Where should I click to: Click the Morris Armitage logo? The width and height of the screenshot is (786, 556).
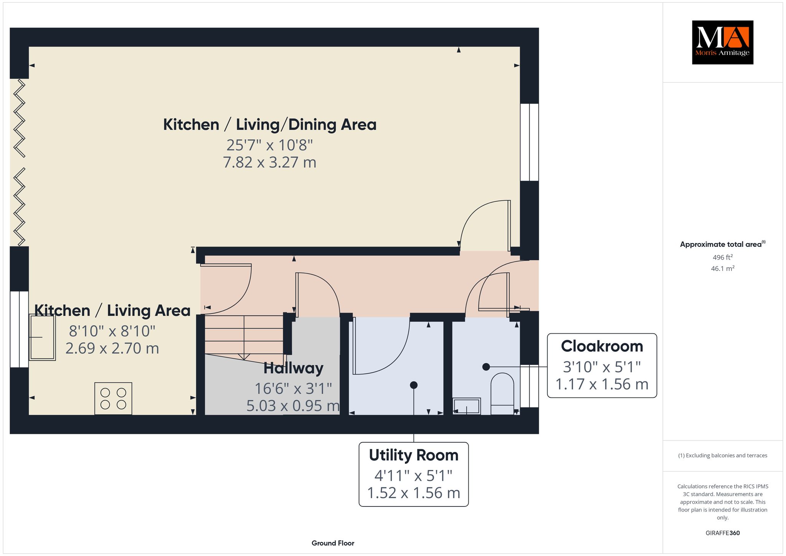click(x=722, y=42)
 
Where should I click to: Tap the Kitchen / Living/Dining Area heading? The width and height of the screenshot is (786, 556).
click(x=270, y=125)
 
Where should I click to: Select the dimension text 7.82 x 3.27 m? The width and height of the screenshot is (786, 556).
click(x=270, y=162)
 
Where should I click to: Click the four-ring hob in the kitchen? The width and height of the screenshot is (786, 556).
click(x=113, y=399)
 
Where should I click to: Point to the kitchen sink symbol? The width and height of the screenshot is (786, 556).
click(x=42, y=337)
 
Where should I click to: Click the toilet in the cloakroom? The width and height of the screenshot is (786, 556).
click(x=502, y=394)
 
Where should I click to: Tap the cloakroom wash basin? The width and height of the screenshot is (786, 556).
click(x=467, y=406)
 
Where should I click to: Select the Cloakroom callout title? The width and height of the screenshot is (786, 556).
click(x=602, y=346)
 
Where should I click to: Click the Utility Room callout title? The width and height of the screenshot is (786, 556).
click(x=414, y=455)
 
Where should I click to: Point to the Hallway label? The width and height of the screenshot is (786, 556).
click(x=294, y=368)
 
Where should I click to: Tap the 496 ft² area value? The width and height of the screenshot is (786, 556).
click(x=723, y=257)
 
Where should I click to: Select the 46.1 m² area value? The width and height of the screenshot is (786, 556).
click(x=723, y=268)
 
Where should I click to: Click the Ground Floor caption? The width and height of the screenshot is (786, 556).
click(x=333, y=543)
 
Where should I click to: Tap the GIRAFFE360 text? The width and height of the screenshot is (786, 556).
click(x=723, y=533)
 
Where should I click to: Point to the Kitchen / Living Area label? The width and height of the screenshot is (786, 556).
click(x=112, y=311)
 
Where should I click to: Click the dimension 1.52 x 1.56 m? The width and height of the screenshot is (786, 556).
click(x=414, y=493)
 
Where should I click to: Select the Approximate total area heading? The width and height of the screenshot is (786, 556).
click(x=723, y=244)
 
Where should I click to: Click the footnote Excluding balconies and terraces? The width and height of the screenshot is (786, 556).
click(x=723, y=455)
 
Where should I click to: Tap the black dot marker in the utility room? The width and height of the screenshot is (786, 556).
click(x=414, y=385)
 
